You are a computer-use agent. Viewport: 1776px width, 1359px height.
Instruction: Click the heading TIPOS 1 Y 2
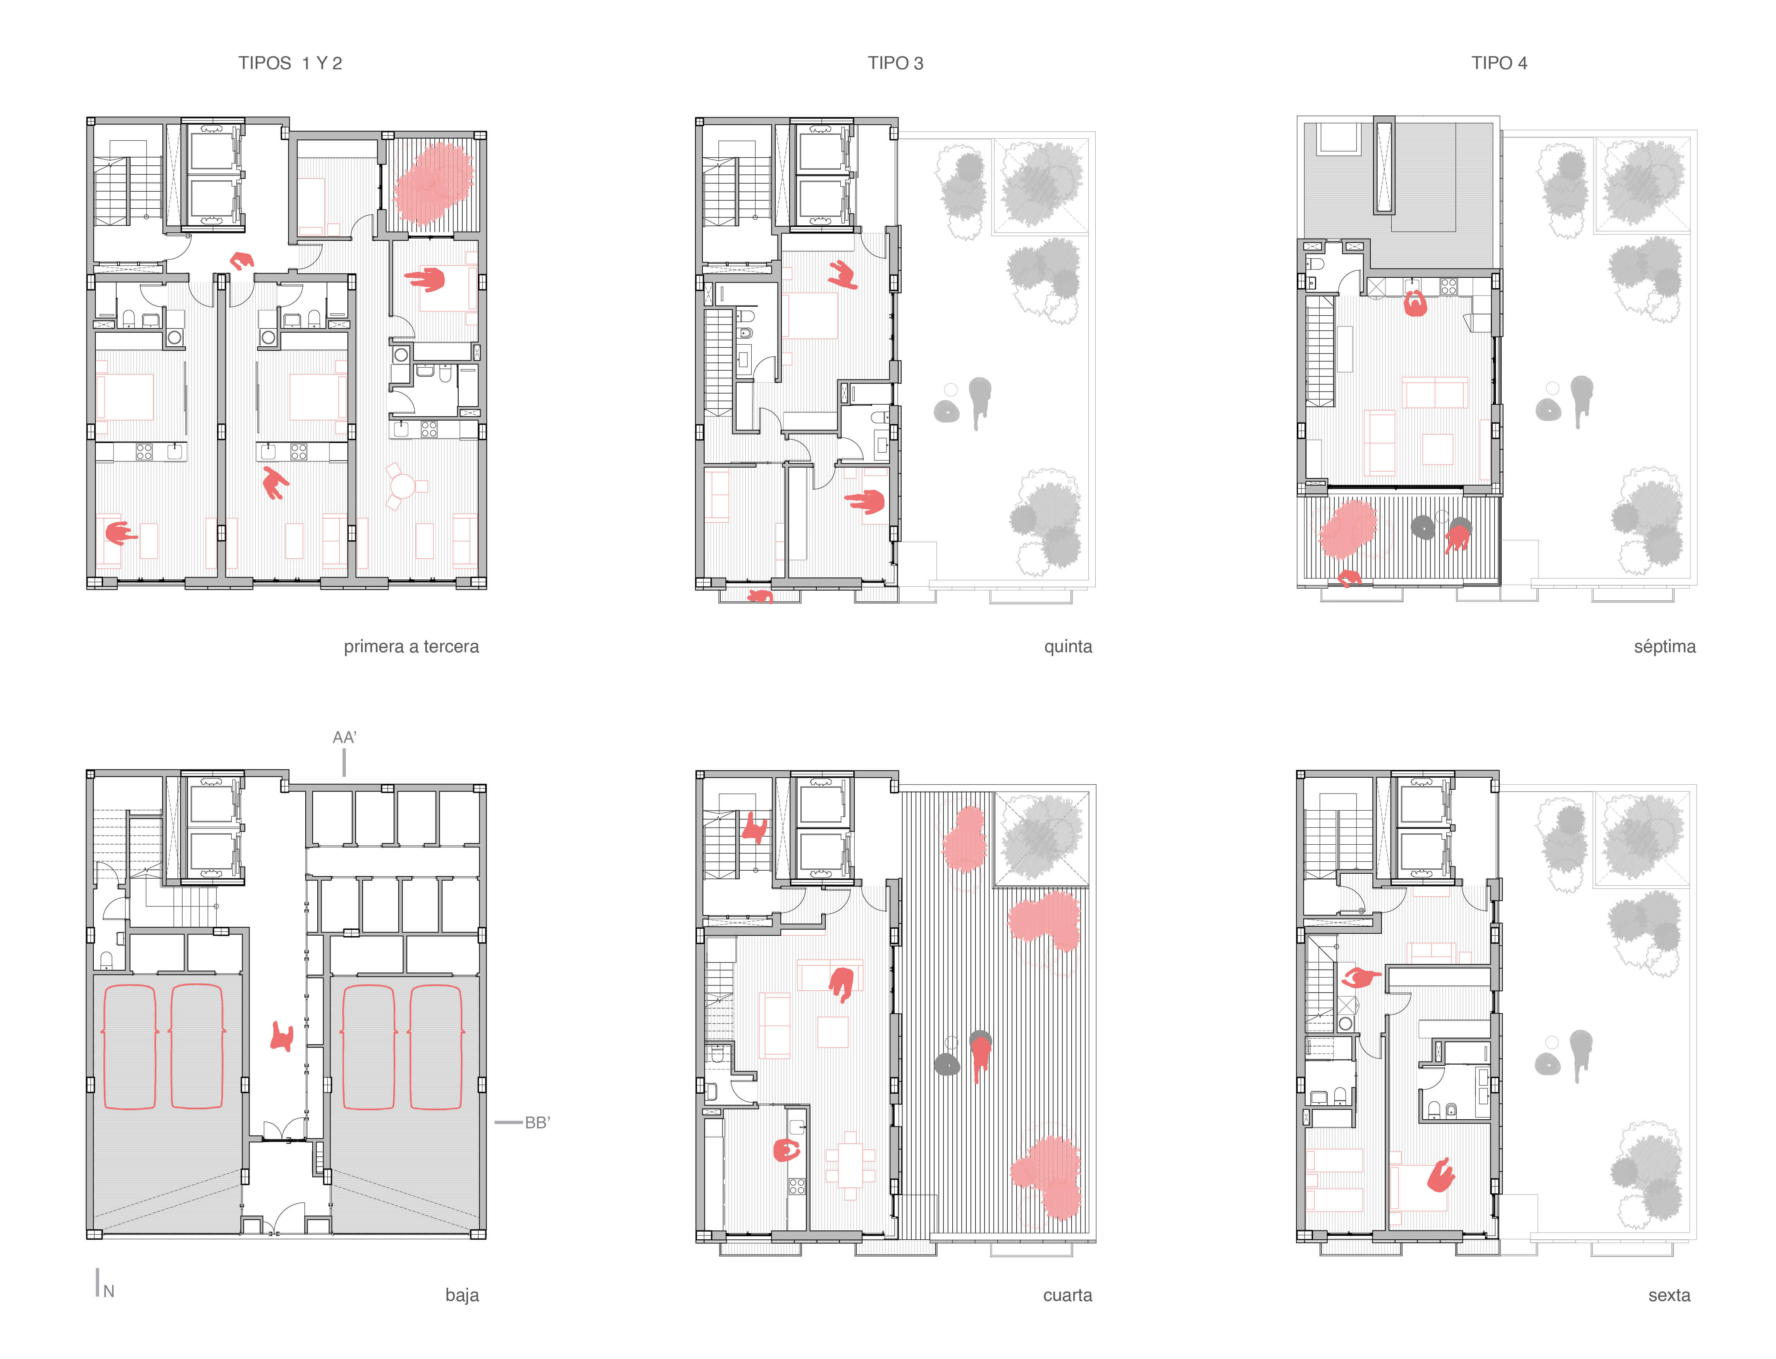tap(290, 63)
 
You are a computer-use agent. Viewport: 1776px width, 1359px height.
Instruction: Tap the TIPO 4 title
tap(1499, 63)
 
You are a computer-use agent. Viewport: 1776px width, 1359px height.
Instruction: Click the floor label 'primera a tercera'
tap(411, 646)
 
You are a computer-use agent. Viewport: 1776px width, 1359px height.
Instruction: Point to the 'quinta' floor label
tap(1068, 646)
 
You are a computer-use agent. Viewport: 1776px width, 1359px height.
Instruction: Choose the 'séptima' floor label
tap(1664, 646)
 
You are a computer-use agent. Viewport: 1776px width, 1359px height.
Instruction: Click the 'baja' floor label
tap(462, 1295)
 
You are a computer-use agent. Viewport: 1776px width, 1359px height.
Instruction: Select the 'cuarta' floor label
tap(1067, 1295)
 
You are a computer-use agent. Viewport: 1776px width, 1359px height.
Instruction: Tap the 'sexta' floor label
tap(1669, 1295)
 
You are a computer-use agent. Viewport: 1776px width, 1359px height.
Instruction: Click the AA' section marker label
tap(345, 737)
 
